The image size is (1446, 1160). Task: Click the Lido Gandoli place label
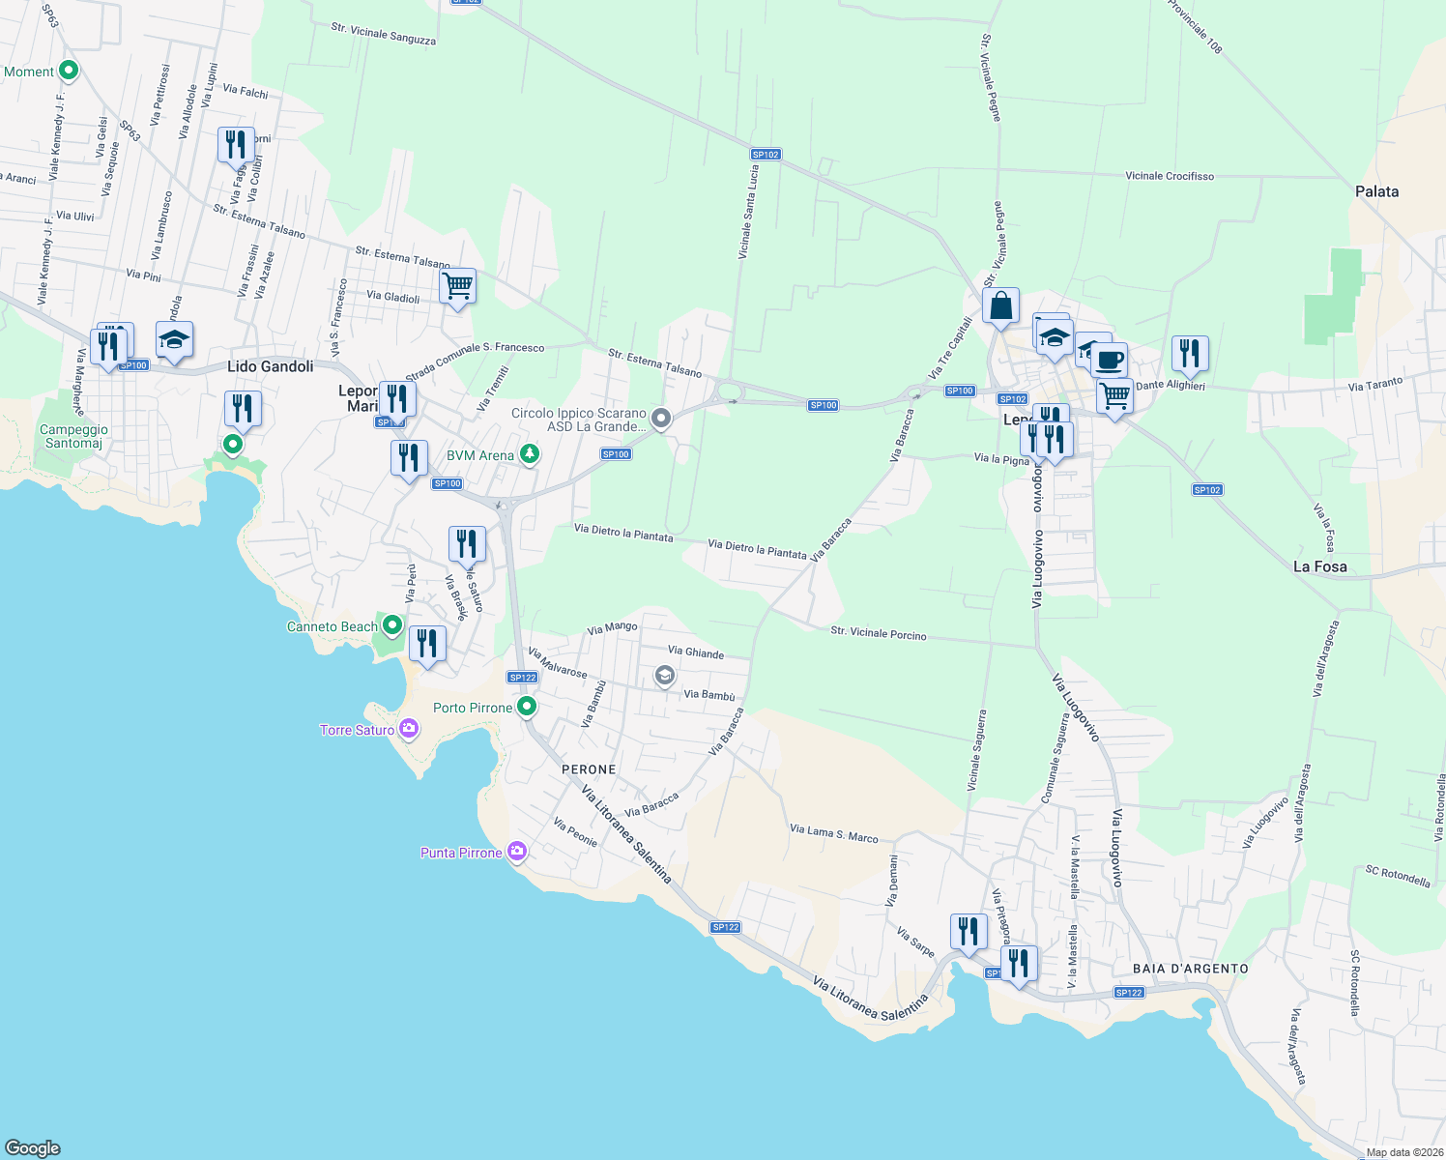click(x=270, y=366)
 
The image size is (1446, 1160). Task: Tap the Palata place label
click(x=1376, y=191)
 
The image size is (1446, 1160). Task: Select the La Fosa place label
click(x=1319, y=566)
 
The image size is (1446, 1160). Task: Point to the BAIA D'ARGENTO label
click(x=1190, y=969)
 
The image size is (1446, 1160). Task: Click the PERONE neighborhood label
click(x=589, y=769)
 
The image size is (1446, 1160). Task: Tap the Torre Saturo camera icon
click(x=409, y=728)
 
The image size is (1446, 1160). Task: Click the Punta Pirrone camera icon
click(x=517, y=852)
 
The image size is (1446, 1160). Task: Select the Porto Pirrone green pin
click(x=527, y=707)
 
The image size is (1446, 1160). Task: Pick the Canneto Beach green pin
click(x=392, y=625)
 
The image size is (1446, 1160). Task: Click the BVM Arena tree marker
click(x=530, y=453)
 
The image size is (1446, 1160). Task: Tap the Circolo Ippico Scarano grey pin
click(x=661, y=419)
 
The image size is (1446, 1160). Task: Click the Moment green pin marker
click(x=69, y=71)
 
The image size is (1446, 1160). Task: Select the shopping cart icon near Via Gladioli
click(x=457, y=286)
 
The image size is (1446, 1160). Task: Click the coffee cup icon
click(x=1110, y=360)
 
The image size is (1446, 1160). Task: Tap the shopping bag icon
click(x=1000, y=305)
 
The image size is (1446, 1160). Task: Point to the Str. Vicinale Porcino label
click(x=879, y=633)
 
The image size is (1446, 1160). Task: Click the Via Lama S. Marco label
click(x=833, y=833)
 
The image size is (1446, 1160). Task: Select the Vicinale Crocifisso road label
click(x=1170, y=176)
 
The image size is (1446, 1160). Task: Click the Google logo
click(x=33, y=1147)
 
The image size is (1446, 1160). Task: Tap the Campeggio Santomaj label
click(x=73, y=436)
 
